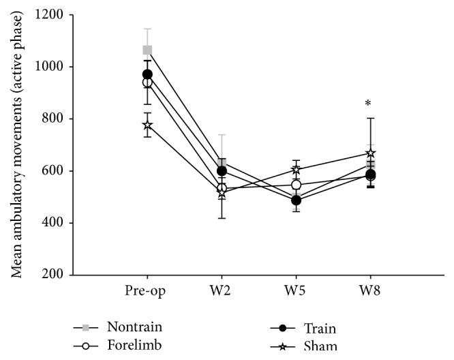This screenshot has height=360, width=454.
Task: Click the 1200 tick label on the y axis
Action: click(55, 15)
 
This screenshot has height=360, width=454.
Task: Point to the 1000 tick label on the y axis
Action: click(55, 67)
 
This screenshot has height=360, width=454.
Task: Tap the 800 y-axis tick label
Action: click(58, 119)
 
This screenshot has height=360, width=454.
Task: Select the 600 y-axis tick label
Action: click(58, 171)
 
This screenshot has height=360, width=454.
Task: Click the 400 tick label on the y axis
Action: click(58, 223)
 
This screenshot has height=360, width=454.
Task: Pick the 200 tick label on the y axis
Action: click(58, 275)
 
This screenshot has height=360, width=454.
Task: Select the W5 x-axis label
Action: click(296, 290)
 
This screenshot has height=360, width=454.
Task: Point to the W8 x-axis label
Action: click(371, 290)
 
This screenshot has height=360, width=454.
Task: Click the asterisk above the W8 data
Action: click(368, 104)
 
